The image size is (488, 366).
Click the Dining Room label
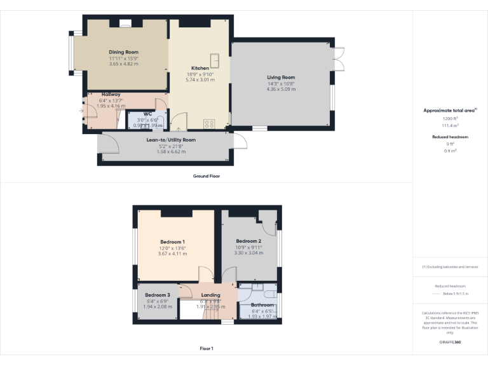(x=123, y=52)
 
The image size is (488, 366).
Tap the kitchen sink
(x=216, y=60)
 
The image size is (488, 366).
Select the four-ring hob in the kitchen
(x=209, y=123)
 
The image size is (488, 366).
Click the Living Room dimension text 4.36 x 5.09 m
(x=281, y=89)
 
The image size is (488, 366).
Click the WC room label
(x=147, y=114)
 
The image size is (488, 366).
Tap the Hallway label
(x=111, y=94)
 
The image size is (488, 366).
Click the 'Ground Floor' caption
(x=207, y=176)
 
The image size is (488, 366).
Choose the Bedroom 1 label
(x=172, y=241)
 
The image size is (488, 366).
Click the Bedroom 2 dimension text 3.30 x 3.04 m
(x=248, y=253)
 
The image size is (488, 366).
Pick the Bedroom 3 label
(x=157, y=295)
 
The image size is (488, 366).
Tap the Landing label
(x=210, y=295)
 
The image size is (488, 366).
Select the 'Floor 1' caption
(x=207, y=348)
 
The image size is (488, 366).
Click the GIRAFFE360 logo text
(x=449, y=342)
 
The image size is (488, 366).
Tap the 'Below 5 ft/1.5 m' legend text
(x=455, y=294)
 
